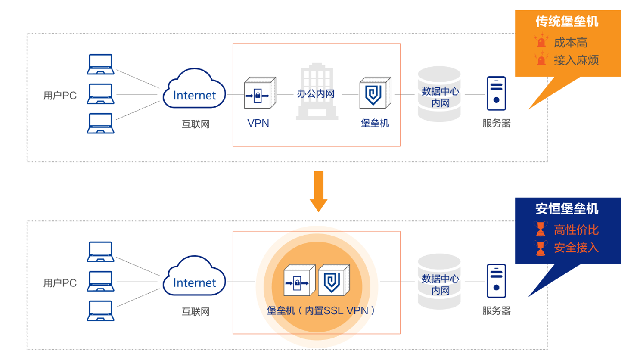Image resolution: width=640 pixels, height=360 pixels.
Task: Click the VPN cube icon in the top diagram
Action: pos(260,93)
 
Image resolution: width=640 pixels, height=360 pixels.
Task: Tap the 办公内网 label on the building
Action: pos(316,93)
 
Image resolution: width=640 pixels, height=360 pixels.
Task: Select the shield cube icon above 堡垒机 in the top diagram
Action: pos(375,93)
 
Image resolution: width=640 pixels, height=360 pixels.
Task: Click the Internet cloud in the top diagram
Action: pos(194,90)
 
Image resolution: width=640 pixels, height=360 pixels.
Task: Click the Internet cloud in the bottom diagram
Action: pos(194,277)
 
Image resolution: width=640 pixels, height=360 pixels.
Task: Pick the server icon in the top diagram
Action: pos(496,93)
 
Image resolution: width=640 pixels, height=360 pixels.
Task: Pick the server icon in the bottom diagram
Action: pos(496,281)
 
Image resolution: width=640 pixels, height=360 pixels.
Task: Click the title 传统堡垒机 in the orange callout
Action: pos(567,21)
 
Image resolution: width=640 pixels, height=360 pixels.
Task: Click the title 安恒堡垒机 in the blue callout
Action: pos(567,209)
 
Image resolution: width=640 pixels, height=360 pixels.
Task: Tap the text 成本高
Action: pos(570,43)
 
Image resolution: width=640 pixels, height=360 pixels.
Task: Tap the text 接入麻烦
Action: pos(576,60)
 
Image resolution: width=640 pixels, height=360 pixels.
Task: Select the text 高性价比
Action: pos(576,230)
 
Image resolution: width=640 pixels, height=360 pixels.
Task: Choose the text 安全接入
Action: pos(576,248)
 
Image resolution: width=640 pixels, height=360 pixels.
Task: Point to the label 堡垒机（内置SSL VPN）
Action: pos(321,310)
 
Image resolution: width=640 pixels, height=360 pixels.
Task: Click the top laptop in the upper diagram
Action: pos(101,65)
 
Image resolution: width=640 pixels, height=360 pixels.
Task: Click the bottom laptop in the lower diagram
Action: pos(101,311)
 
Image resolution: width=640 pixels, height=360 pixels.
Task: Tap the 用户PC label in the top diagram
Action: pos(60,95)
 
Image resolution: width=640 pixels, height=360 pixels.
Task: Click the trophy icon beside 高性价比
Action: pos(541,229)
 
